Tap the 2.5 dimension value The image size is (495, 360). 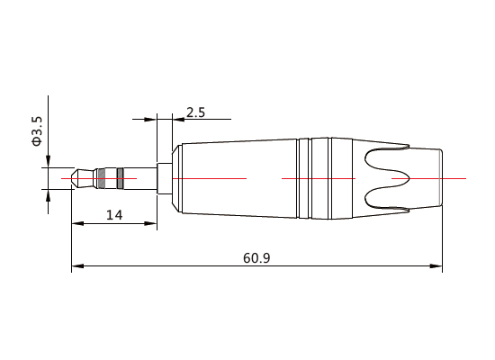coord(195,112)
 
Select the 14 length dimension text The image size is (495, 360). coord(114,214)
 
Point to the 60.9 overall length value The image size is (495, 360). coord(256,257)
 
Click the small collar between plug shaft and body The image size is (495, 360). coord(164,178)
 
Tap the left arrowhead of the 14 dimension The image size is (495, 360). coord(76,223)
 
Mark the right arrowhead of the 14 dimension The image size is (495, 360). coord(152,223)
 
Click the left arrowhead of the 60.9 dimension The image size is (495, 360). coord(76,266)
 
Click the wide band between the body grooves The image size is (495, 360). coord(319,178)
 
